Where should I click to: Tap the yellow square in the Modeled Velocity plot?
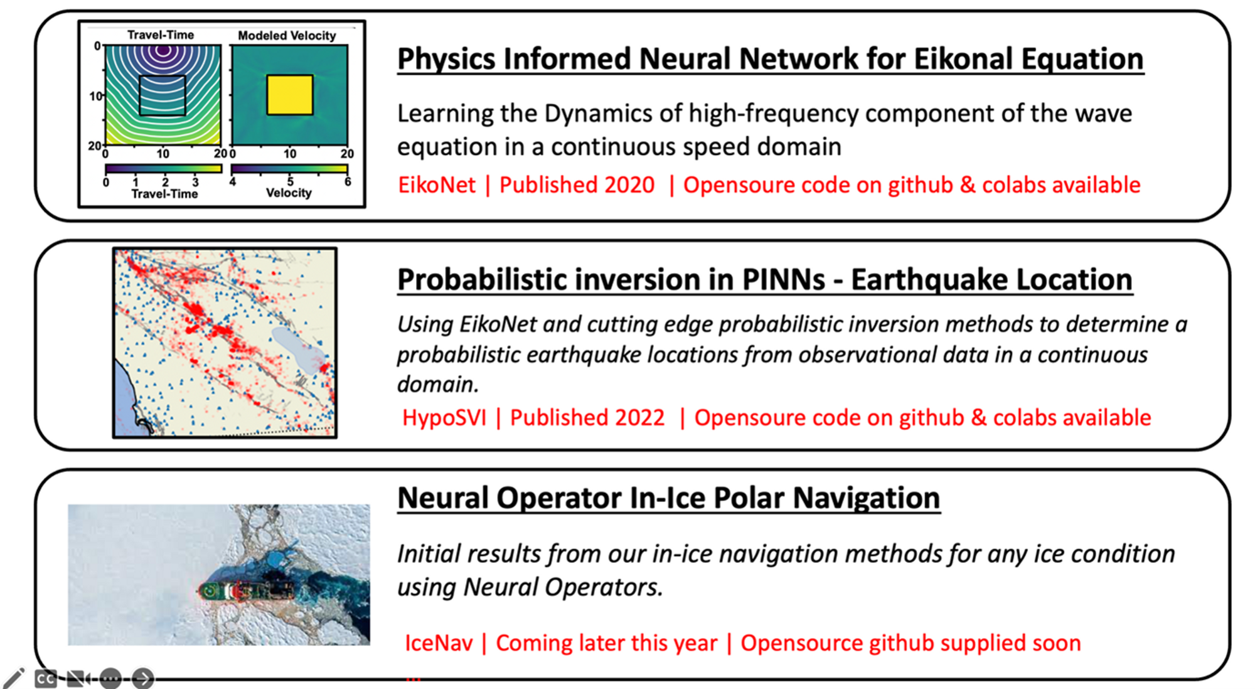[x=289, y=95]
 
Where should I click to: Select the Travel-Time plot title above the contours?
[x=161, y=35]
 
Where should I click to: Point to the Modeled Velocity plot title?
[x=287, y=36]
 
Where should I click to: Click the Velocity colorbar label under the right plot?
[x=289, y=193]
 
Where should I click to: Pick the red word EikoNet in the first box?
[x=437, y=185]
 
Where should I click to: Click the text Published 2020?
[x=577, y=185]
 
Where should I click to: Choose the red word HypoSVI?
[x=444, y=418]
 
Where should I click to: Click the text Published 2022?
[x=587, y=418]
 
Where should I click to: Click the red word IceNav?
[x=439, y=643]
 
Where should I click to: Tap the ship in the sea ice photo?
[x=245, y=590]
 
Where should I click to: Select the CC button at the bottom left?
[x=46, y=679]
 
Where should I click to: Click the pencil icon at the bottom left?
[x=13, y=678]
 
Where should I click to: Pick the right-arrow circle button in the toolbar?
[x=143, y=678]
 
